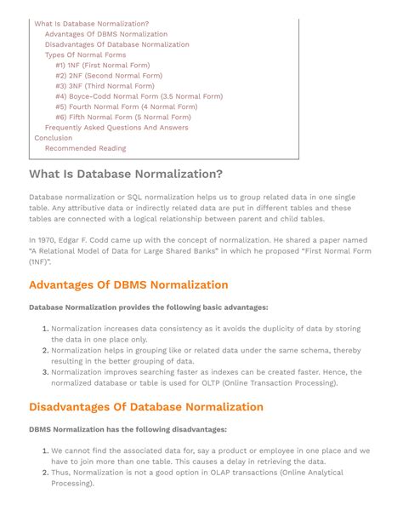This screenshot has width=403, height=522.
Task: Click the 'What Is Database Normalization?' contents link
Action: point(91,24)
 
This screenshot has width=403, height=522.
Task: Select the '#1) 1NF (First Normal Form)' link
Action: point(102,65)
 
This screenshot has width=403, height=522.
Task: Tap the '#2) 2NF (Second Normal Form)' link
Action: point(108,75)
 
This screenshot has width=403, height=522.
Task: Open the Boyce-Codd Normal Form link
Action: point(139,96)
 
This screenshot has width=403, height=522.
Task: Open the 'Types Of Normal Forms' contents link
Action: point(85,54)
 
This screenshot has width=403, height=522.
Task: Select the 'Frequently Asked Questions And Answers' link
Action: point(116,128)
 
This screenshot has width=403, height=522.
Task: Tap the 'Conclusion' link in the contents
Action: point(53,138)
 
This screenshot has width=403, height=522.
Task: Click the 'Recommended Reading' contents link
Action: point(85,148)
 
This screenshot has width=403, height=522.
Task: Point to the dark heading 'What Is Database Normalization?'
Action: point(126,175)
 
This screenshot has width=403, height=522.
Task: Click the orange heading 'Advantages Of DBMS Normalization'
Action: point(128,284)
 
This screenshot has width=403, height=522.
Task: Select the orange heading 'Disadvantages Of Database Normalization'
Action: point(146,406)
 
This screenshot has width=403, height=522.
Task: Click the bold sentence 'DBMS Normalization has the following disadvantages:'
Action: point(128,429)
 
